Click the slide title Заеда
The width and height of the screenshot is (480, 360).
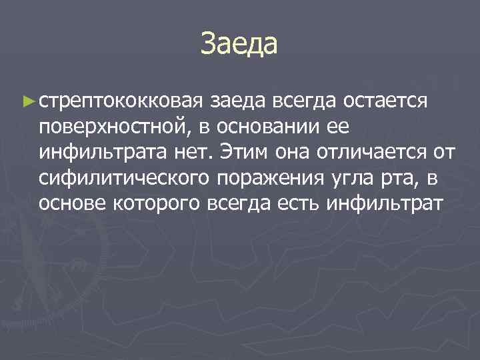click(x=239, y=45)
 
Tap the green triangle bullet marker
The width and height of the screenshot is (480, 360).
click(x=28, y=101)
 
